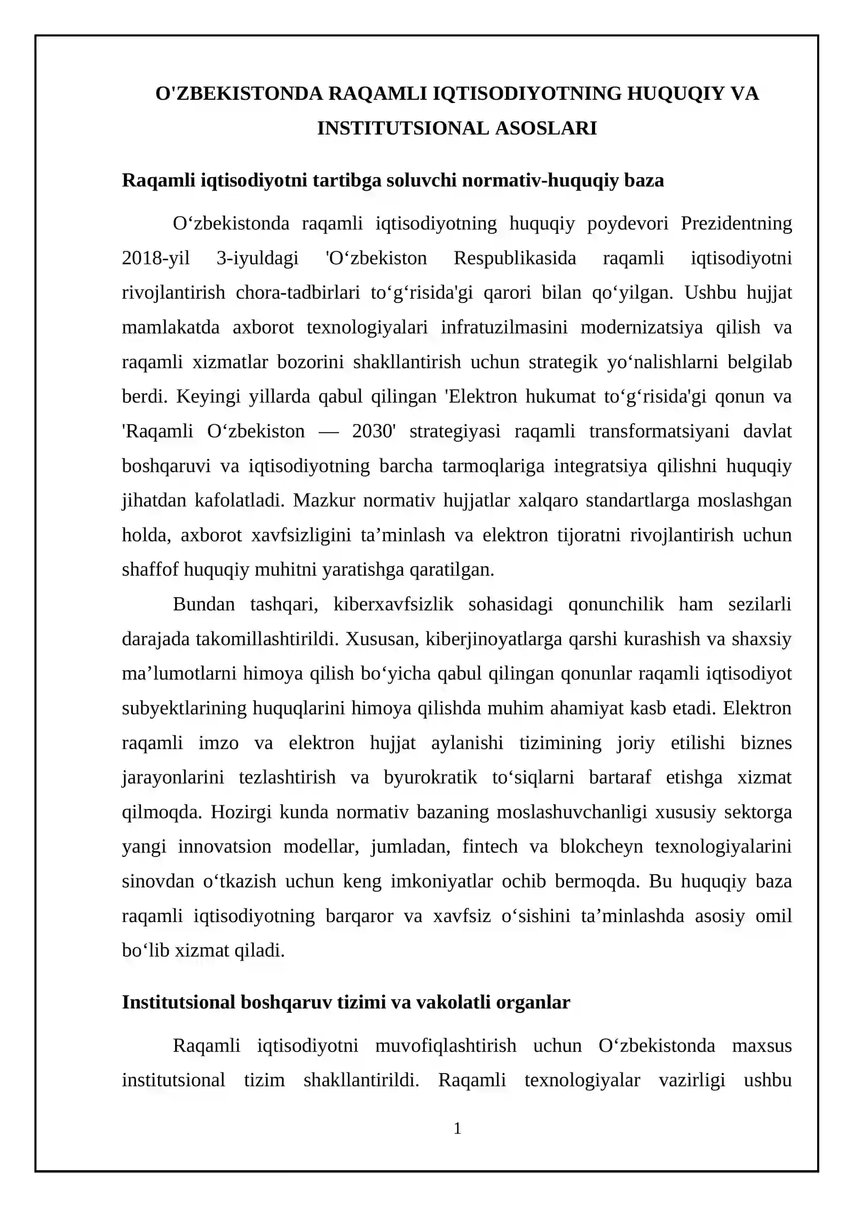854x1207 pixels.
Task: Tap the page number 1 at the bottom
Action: coord(457,1128)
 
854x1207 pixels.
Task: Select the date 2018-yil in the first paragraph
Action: coord(156,258)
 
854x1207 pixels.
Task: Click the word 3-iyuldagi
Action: coord(257,258)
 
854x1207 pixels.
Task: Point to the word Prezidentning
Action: coord(736,223)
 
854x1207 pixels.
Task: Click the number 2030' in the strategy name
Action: coord(374,431)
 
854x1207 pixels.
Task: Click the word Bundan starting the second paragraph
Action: coord(203,604)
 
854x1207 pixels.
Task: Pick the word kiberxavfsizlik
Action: coord(393,604)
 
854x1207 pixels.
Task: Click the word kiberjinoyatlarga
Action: coord(494,639)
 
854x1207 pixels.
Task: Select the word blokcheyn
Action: coord(601,846)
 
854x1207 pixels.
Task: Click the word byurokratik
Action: coord(430,777)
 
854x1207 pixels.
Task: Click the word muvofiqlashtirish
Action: coord(445,1045)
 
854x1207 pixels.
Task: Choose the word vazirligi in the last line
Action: coord(692,1080)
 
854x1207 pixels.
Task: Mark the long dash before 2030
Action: coord(328,431)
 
